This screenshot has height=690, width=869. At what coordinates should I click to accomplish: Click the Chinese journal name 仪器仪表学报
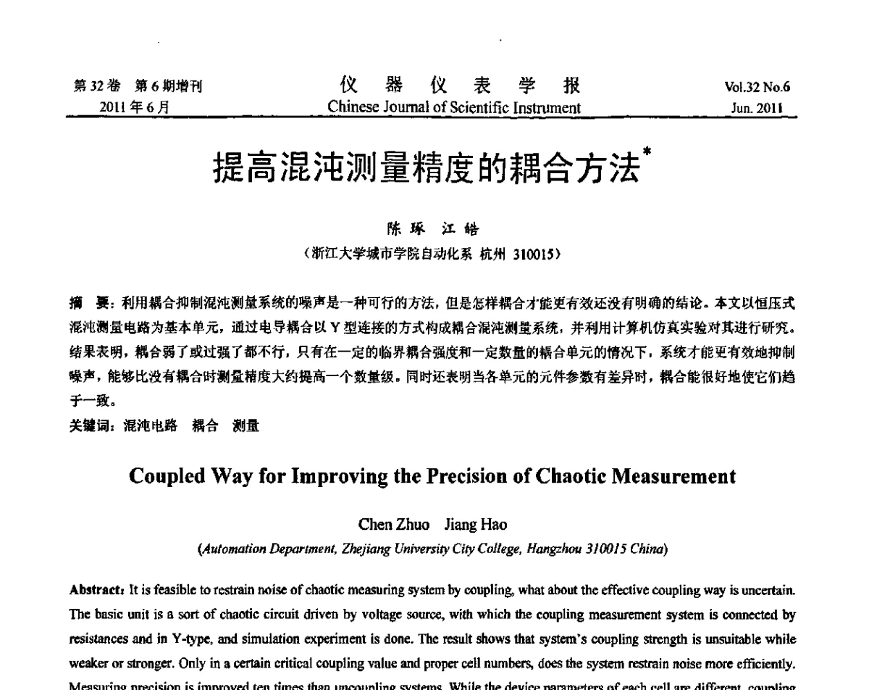coord(454,87)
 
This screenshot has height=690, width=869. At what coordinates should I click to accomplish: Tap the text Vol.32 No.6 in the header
coord(757,88)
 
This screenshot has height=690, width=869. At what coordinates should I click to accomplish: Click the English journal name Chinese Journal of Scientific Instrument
coord(454,108)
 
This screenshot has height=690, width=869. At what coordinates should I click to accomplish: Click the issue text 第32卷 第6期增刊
coord(137,87)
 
